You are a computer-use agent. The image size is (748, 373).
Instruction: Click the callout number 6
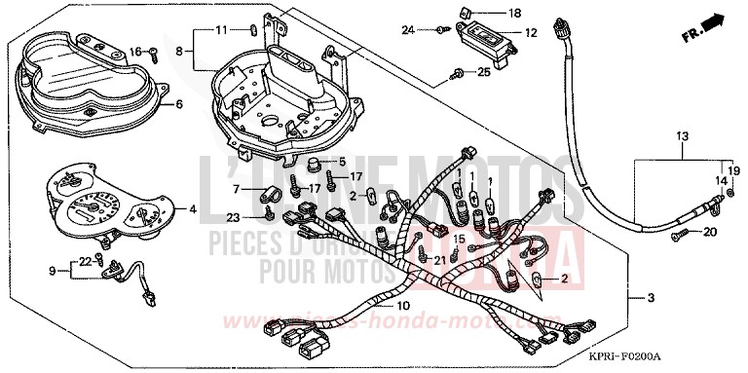pos(178,103)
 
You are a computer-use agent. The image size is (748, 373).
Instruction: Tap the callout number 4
pos(192,208)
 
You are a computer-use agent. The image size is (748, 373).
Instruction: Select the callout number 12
pos(530,33)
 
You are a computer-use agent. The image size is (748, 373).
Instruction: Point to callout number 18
pos(515,13)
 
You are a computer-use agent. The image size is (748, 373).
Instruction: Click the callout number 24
pos(409,31)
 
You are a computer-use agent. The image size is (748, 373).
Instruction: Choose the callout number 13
pos(681,134)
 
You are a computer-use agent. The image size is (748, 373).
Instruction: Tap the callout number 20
pos(710,232)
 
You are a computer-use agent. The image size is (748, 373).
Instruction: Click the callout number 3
pos(652,296)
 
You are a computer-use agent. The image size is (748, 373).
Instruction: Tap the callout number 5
pos(342,161)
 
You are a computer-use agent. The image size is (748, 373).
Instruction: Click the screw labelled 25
pos(457,73)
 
